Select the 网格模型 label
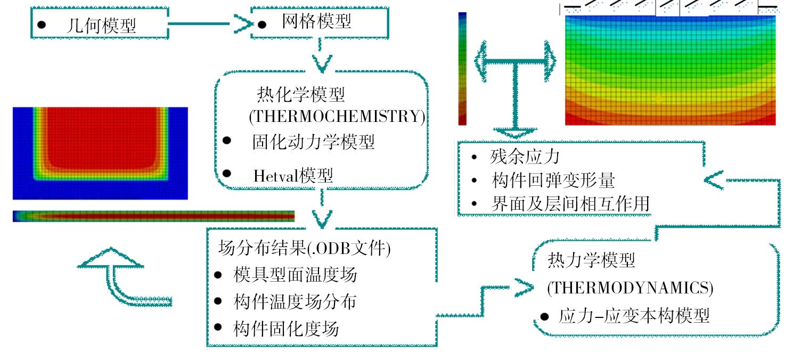coord(316,21)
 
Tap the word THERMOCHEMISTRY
coord(337,117)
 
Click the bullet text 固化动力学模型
coord(313,142)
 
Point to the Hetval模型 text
coord(293,176)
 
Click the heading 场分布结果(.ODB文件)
coord(304,248)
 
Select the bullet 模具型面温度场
coord(295,275)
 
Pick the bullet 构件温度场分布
coord(295,302)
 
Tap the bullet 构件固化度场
coord(286,329)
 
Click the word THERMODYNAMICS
coord(631,288)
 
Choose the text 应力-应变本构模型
coord(634,316)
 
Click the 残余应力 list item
coord(525,157)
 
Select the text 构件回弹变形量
coord(553,180)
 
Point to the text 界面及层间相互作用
coord(570,204)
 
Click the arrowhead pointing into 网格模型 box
coord(244,24)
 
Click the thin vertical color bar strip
coord(462,69)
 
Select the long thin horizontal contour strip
coord(154,216)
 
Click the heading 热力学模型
coord(591,260)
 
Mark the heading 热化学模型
coord(301,94)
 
